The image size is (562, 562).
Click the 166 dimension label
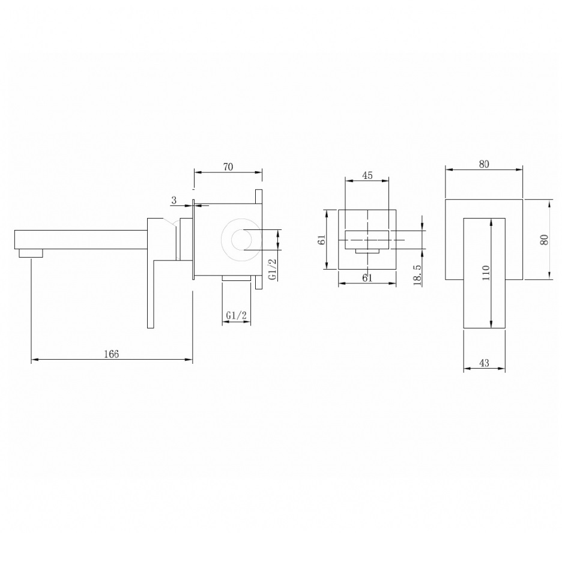(112, 354)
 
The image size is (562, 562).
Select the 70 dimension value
(228, 167)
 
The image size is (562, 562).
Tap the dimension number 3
(174, 200)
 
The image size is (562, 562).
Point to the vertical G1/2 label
(273, 269)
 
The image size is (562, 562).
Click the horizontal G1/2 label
(237, 315)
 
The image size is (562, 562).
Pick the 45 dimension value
(367, 175)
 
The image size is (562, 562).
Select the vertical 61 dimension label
(322, 240)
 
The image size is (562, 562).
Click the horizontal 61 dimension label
(367, 278)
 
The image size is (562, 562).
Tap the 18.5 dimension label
(417, 275)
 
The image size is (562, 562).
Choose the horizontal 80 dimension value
(484, 164)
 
